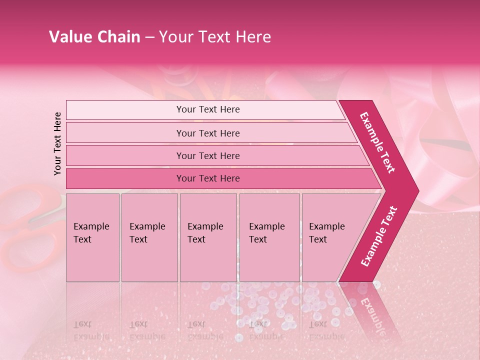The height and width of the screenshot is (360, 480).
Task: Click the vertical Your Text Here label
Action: coord(57,143)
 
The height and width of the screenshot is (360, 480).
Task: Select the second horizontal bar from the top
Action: coord(208,133)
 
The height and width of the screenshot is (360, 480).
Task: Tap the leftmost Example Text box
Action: coord(92,237)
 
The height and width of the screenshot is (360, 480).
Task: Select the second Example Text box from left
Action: coord(149,237)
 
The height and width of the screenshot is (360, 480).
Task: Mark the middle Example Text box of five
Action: coord(208,237)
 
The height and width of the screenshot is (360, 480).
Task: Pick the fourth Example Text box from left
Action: coord(269,237)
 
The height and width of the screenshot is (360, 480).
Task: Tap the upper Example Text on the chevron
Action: coord(377,142)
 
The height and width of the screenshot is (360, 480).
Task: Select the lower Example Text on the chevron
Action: coord(379,236)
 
